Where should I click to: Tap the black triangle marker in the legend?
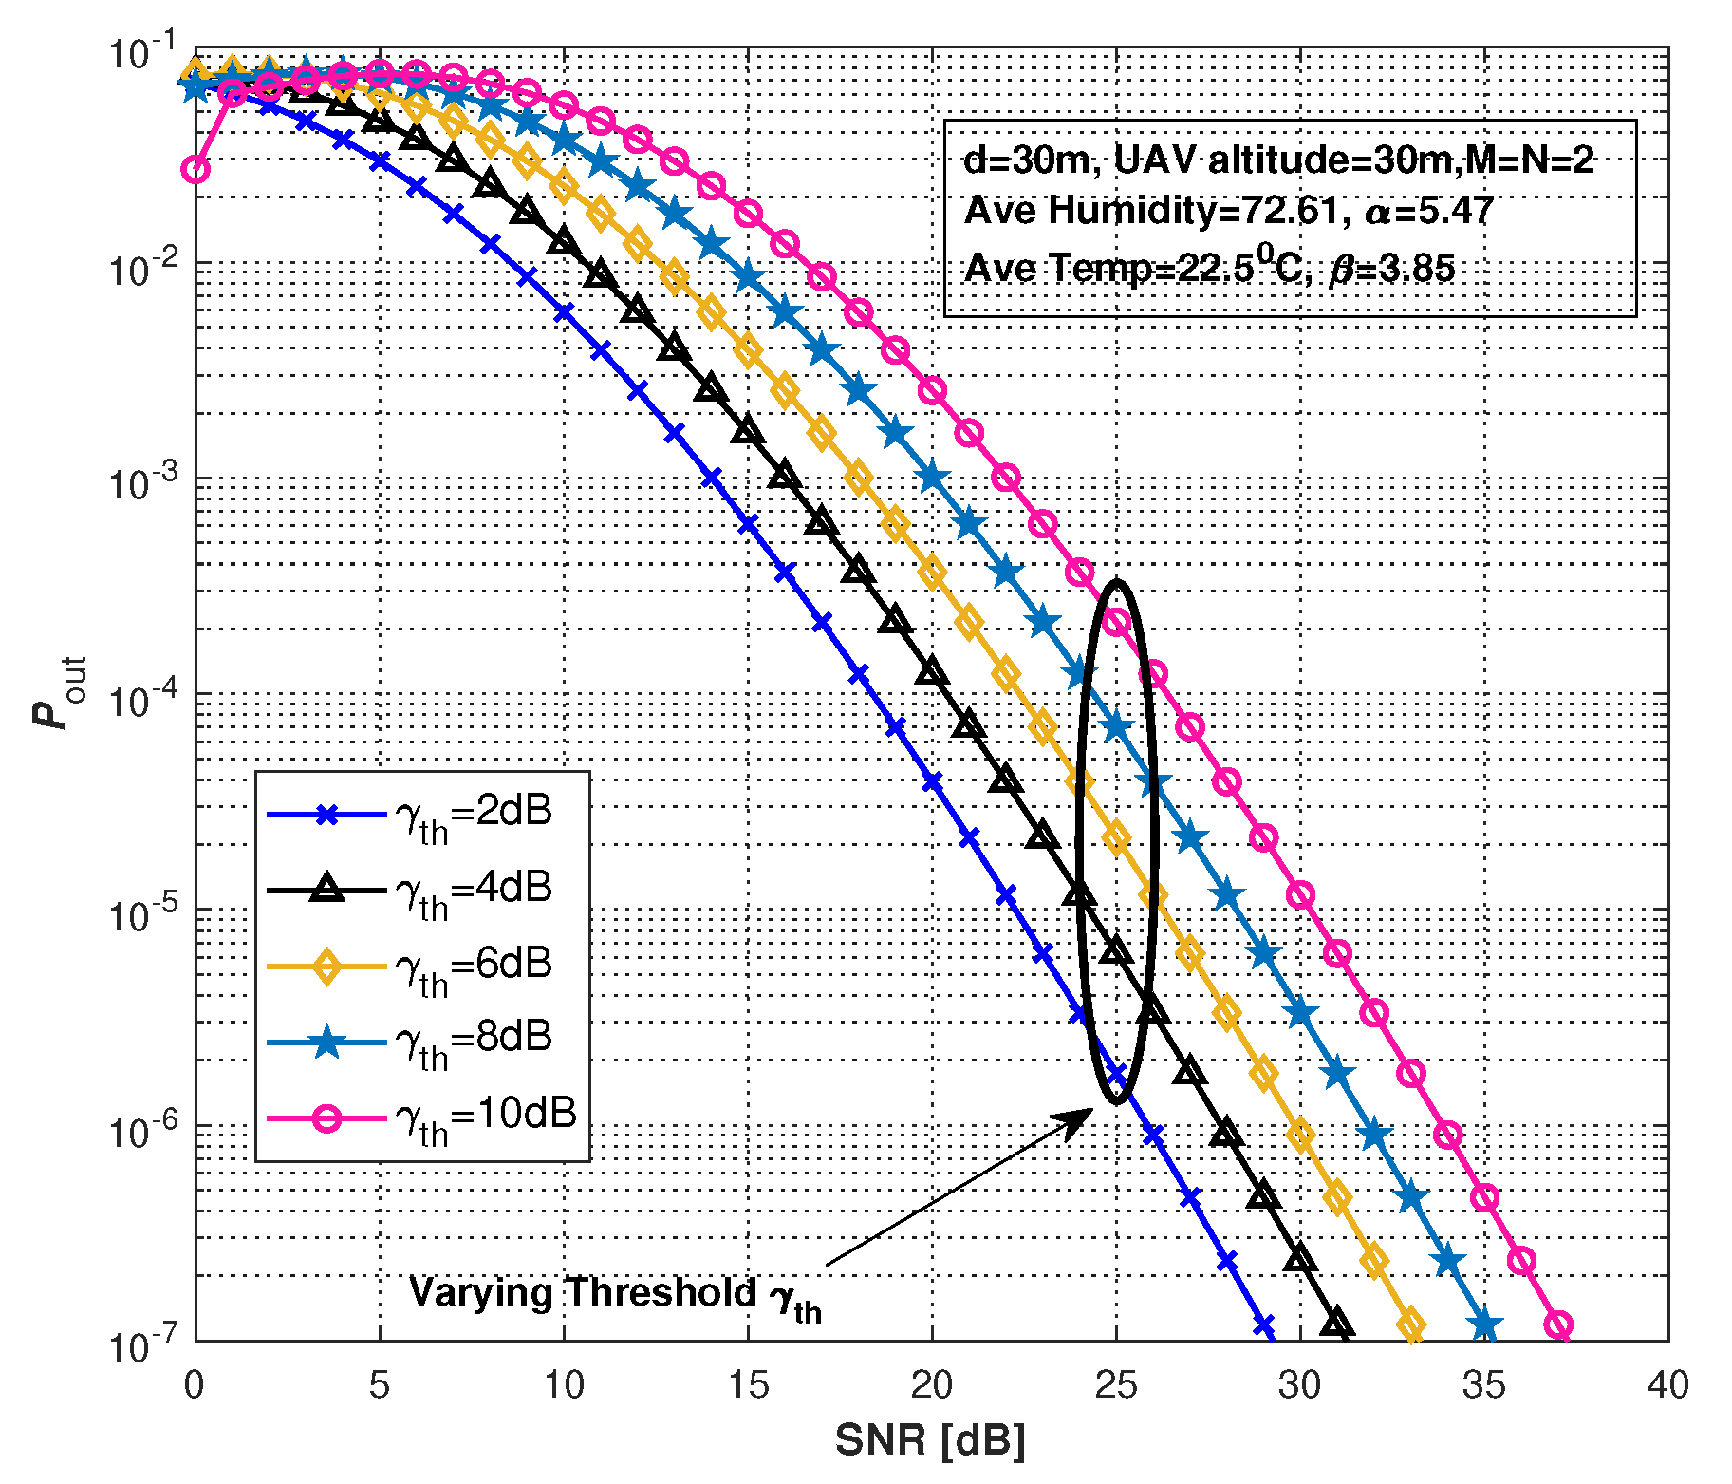(326, 889)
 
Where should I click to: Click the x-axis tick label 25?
(1116, 1385)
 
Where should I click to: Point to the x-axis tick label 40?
(1667, 1385)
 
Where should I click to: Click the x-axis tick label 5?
(380, 1385)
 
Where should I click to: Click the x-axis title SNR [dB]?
(930, 1440)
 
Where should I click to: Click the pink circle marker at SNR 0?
(196, 170)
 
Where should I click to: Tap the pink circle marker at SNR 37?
(1558, 1324)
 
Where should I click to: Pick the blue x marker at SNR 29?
(1263, 1324)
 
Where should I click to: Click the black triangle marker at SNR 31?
(1337, 1323)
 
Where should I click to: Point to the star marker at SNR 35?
(1485, 1324)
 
